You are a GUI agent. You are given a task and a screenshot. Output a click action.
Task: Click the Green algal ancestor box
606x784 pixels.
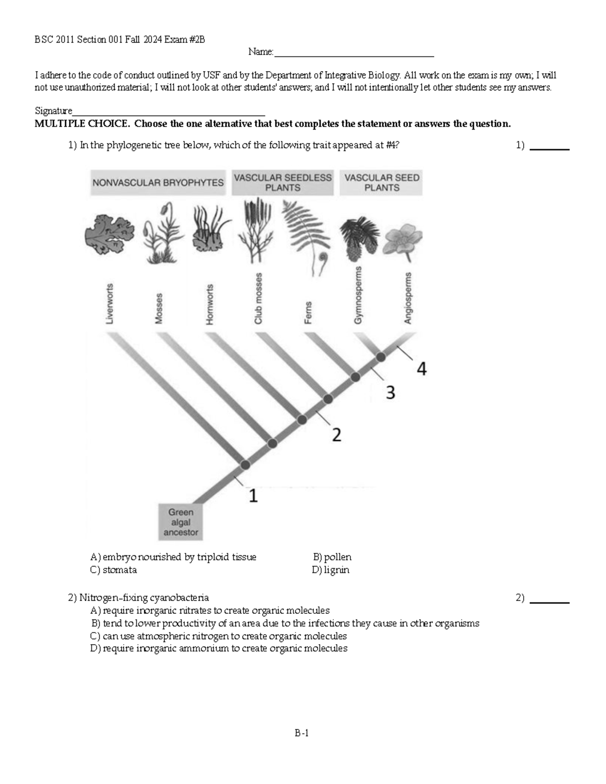pyautogui.click(x=180, y=522)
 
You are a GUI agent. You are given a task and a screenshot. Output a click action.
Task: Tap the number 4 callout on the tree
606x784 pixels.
pyautogui.click(x=421, y=369)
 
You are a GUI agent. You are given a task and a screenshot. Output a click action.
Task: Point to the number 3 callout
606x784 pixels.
pyautogui.click(x=390, y=392)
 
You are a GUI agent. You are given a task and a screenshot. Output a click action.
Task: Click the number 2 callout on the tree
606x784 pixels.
pyautogui.click(x=336, y=435)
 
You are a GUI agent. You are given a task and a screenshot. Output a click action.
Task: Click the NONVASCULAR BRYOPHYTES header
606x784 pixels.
pyautogui.click(x=158, y=183)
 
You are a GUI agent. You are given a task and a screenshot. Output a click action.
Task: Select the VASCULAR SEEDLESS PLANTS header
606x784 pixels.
pyautogui.click(x=282, y=183)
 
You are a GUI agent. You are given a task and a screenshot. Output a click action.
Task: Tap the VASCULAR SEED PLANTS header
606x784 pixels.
pyautogui.click(x=381, y=183)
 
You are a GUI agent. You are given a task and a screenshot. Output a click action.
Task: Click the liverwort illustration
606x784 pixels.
pyautogui.click(x=109, y=235)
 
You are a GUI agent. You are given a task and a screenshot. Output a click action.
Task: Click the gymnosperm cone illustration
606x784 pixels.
pyautogui.click(x=359, y=237)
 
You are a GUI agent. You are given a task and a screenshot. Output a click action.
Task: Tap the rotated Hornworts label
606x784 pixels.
pyautogui.click(x=210, y=304)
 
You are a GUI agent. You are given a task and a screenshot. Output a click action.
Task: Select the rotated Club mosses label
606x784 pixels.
pyautogui.click(x=259, y=298)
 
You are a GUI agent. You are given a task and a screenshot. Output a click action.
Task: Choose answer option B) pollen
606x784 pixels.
pyautogui.click(x=332, y=557)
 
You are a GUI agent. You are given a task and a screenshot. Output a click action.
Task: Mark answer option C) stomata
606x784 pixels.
pyautogui.click(x=114, y=570)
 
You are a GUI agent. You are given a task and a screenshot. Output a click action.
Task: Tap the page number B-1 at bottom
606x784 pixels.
pyautogui.click(x=302, y=733)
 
